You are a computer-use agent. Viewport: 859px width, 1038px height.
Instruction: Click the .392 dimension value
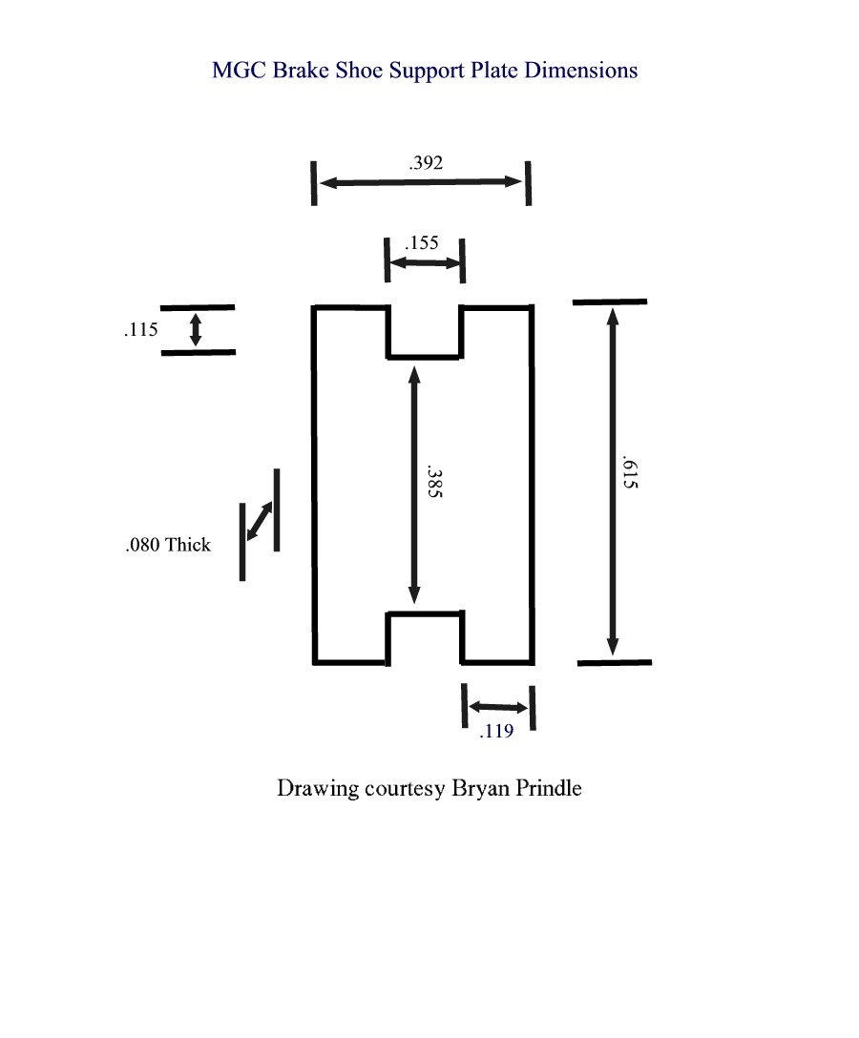point(426,163)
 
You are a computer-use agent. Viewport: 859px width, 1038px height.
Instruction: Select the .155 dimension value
point(422,242)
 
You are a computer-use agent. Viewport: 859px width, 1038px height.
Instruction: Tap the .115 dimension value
point(140,331)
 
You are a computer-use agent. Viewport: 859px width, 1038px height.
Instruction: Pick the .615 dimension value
point(629,472)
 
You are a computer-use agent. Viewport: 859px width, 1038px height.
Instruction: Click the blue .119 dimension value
point(496,732)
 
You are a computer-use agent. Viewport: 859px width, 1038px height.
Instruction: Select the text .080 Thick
point(168,546)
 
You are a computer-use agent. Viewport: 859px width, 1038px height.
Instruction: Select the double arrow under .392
point(421,182)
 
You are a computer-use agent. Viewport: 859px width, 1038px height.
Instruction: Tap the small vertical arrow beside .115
point(196,329)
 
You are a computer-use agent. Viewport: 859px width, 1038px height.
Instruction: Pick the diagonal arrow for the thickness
point(260,521)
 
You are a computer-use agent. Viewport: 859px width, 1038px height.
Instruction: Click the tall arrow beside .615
point(612,483)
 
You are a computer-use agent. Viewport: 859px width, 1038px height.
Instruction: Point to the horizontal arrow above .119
point(497,708)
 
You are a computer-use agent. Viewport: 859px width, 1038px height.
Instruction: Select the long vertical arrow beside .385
point(414,484)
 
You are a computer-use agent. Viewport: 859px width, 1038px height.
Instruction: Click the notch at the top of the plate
point(424,332)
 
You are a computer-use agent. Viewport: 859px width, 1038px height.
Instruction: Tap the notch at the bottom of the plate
point(424,637)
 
